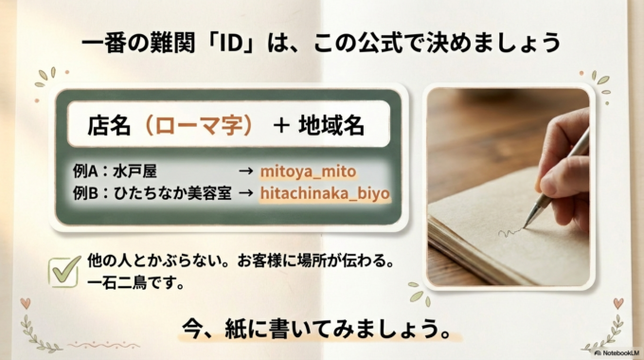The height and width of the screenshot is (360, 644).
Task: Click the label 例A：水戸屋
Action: (115, 171)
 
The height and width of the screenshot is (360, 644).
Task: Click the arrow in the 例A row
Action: (244, 171)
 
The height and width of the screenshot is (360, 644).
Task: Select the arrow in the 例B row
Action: (244, 192)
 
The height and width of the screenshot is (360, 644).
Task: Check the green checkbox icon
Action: (63, 269)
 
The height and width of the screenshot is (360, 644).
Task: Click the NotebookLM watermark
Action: (617, 351)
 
